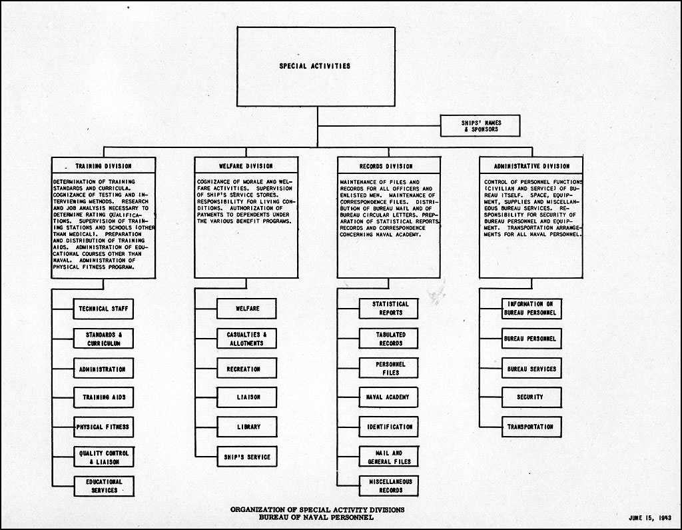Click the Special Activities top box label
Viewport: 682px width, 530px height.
(314, 66)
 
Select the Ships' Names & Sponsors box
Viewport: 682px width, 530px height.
(480, 126)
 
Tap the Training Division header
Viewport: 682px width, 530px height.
(103, 166)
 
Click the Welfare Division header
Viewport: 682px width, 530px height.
(246, 166)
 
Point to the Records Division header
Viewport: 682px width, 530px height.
(386, 167)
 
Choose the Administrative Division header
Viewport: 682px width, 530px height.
(531, 167)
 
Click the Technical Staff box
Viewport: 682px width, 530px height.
(103, 309)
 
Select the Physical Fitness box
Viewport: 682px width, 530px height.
(103, 427)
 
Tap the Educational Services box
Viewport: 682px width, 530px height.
(104, 486)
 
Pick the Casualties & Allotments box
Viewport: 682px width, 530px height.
(246, 339)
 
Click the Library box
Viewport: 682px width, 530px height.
(246, 427)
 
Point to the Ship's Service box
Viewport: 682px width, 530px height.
(246, 457)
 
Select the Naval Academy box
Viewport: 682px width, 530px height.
(388, 397)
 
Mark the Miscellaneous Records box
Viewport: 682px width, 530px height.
(389, 486)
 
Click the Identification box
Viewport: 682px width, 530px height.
(388, 427)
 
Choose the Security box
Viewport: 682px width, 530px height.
(531, 397)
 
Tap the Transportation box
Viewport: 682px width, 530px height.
(531, 427)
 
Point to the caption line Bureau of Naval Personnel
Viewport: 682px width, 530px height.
(316, 517)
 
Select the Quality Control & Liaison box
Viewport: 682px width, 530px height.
(103, 457)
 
